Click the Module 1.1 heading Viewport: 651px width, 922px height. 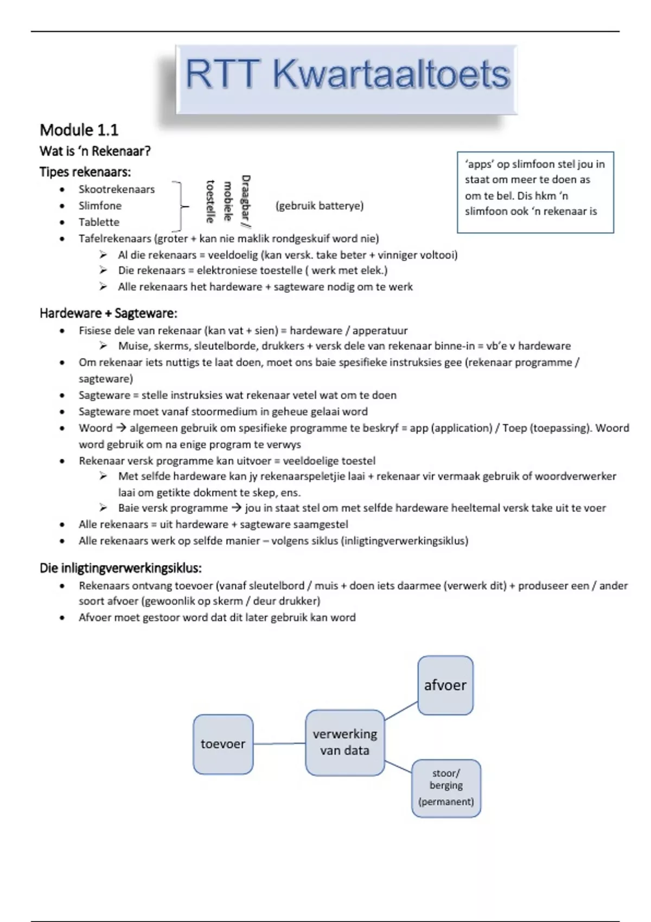(79, 130)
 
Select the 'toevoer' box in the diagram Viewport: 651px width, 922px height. (223, 744)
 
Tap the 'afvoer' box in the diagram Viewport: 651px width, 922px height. (445, 686)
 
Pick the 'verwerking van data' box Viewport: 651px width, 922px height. (345, 742)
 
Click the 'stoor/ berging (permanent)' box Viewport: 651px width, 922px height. (446, 788)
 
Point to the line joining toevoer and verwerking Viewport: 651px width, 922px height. (279, 744)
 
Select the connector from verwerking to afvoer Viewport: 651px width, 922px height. (401, 710)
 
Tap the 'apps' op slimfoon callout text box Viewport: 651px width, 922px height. (535, 192)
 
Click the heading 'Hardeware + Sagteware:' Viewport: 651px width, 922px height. (108, 313)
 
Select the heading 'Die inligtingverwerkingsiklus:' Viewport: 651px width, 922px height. (120, 568)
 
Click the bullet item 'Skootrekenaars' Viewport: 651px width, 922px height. (117, 189)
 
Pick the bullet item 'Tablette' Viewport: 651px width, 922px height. (99, 222)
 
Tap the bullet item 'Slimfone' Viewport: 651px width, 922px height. (100, 206)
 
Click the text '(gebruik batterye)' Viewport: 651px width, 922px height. (320, 206)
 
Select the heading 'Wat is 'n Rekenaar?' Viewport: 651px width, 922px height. (95, 151)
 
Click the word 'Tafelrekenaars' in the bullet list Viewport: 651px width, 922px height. (114, 239)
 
